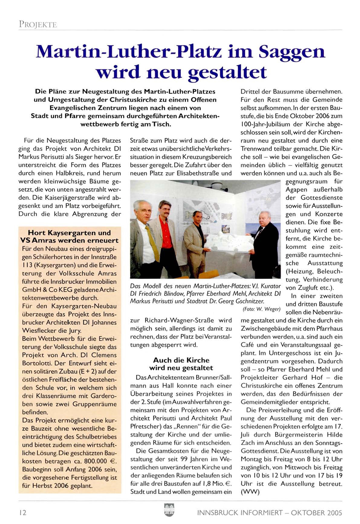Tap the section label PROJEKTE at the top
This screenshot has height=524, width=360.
click(x=38, y=24)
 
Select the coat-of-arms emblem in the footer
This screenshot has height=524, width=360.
click(x=169, y=510)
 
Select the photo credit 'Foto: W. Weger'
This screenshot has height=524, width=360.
click(x=261, y=309)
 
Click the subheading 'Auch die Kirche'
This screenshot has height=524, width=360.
click(x=181, y=360)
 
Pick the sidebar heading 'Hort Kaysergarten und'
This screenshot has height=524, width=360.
click(x=69, y=233)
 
